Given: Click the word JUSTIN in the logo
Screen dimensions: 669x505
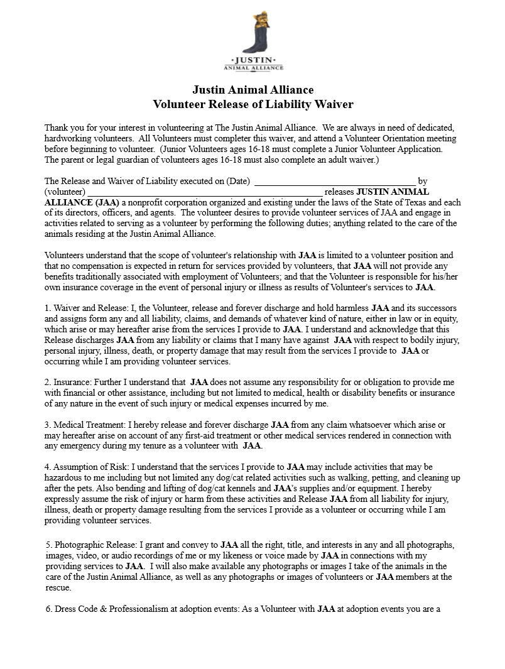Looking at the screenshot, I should coord(253,60).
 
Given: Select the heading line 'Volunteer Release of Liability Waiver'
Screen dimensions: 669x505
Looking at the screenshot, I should coord(253,104).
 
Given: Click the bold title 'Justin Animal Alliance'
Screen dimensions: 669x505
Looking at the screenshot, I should coord(253,90).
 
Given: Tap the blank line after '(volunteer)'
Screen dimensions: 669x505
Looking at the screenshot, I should coord(205,192).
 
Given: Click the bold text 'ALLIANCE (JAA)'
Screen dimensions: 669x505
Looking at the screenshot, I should coord(82,202).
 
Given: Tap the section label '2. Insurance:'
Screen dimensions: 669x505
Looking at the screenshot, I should coord(69,383).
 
